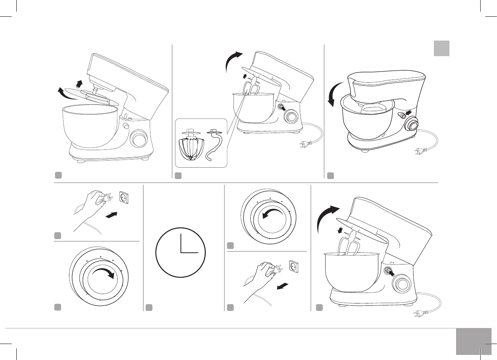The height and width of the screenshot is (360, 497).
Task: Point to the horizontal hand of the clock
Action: click(189, 252)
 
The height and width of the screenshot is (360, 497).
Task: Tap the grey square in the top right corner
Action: click(442, 48)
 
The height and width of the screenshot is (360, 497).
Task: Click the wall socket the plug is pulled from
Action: click(294, 266)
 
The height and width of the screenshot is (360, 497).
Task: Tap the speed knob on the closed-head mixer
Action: click(412, 124)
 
